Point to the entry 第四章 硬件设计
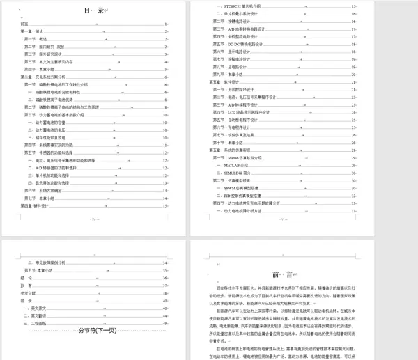click(x=36, y=206)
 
